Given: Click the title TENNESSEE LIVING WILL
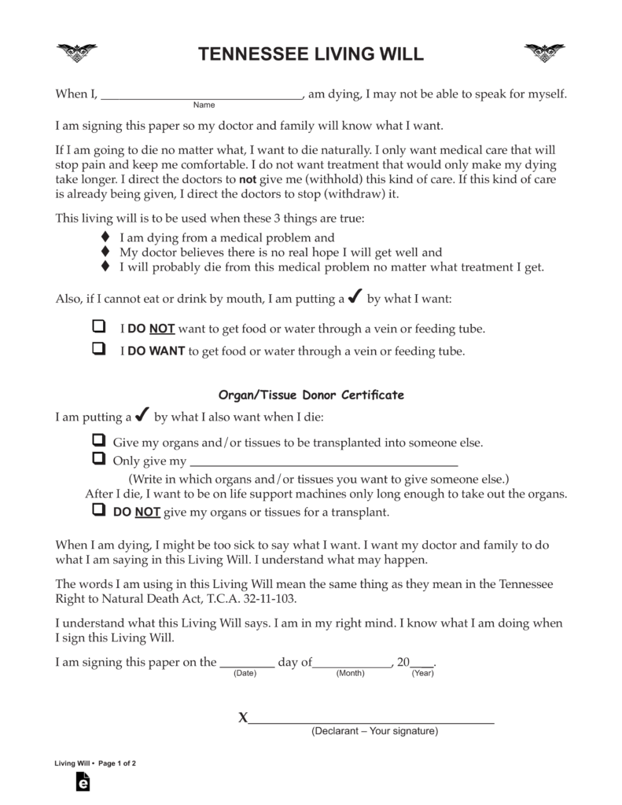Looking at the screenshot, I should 311,54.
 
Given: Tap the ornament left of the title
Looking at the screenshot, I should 76,53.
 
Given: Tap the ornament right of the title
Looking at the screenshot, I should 544,53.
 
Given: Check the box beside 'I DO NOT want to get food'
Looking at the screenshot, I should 99,326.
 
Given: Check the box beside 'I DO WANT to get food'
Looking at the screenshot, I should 99,349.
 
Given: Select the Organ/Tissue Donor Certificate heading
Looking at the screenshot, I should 311,395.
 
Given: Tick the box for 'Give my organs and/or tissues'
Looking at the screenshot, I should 99,440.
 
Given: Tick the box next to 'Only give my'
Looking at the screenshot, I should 99,459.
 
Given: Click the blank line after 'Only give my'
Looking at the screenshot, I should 324,462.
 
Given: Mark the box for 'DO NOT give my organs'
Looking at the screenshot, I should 99,510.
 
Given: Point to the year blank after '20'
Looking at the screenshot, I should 421,663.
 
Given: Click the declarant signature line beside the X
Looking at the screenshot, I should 371,719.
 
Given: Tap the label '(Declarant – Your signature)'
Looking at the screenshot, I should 374,731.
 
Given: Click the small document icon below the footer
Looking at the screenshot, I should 83,782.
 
